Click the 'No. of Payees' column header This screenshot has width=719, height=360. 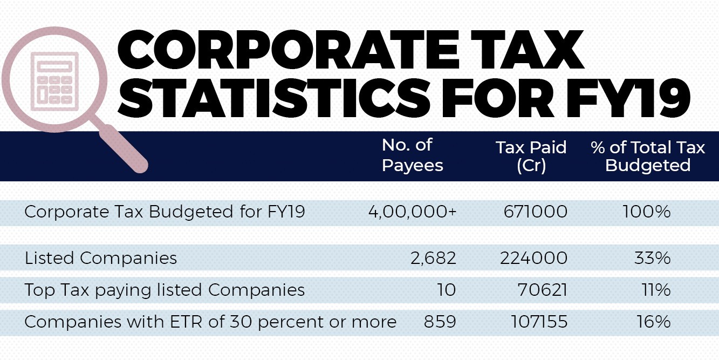(412, 155)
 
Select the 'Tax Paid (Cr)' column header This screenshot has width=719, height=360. (531, 156)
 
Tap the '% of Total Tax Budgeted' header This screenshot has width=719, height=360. (648, 156)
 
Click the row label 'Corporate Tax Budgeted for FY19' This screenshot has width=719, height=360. (165, 212)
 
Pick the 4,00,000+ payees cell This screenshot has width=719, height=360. (413, 212)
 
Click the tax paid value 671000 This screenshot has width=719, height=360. (534, 212)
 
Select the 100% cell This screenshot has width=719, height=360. (647, 212)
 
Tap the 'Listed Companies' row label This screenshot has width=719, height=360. (101, 258)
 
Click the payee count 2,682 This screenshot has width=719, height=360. (433, 258)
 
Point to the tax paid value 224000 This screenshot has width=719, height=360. (534, 258)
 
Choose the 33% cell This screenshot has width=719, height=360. (653, 258)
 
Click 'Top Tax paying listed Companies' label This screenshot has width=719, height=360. (165, 290)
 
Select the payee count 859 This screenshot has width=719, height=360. (440, 322)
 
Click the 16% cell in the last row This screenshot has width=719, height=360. (654, 322)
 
